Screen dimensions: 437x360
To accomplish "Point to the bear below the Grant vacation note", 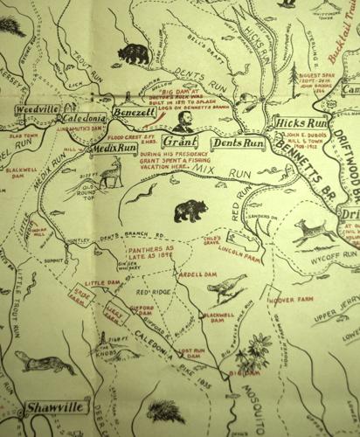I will click(190, 211).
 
